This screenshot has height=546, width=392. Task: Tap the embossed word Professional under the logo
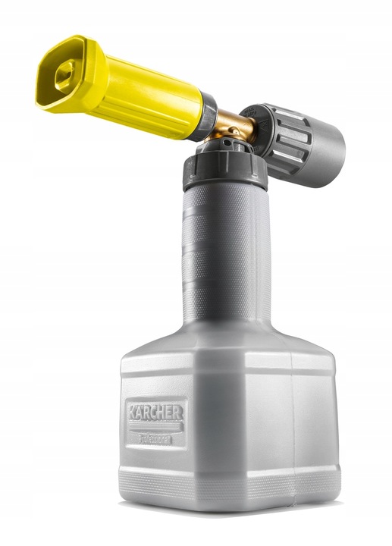point(156,437)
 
